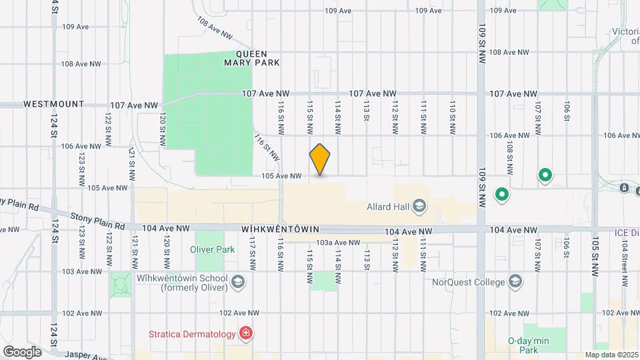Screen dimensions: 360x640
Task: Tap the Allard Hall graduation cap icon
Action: click(x=419, y=206)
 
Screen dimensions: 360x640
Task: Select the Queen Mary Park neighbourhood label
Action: click(x=257, y=58)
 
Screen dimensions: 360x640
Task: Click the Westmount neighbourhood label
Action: click(x=54, y=105)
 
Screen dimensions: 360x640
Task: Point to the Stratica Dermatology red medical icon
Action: click(x=246, y=333)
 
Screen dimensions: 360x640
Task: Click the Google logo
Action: click(x=22, y=351)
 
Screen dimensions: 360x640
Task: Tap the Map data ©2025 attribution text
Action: click(x=611, y=355)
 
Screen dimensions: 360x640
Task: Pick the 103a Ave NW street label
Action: click(x=338, y=243)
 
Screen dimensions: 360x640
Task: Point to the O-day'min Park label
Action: click(x=527, y=345)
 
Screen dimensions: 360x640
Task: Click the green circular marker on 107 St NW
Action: click(x=545, y=176)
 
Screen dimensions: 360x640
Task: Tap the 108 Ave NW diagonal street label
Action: click(x=215, y=28)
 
